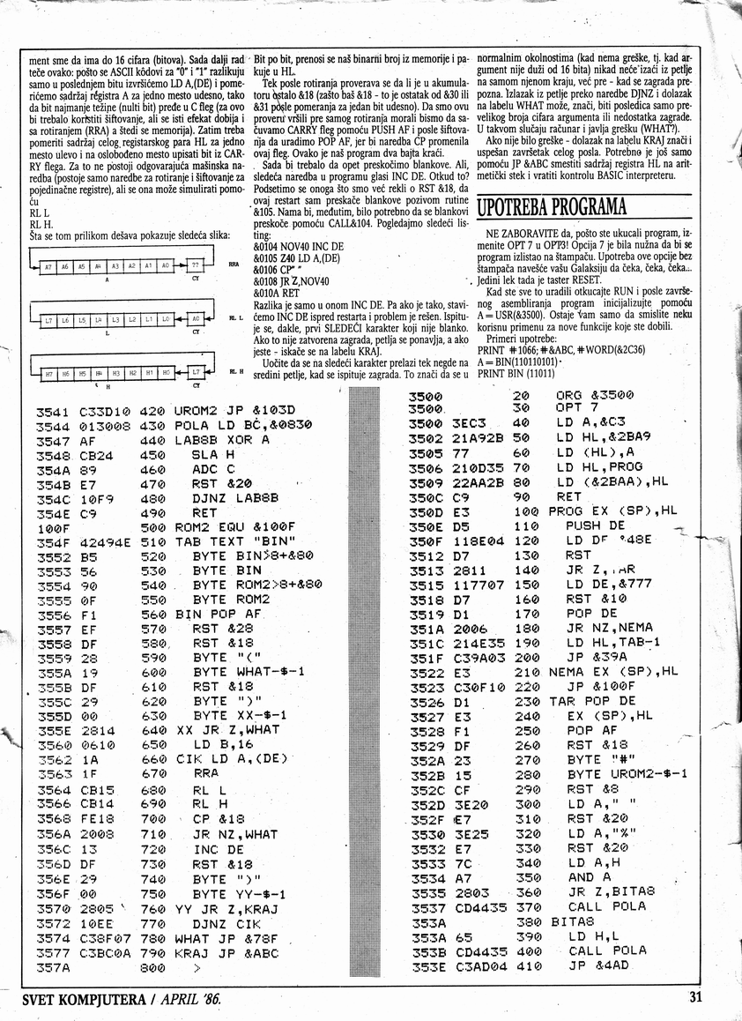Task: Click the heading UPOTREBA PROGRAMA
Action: tap(551, 208)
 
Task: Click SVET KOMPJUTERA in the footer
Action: tap(80, 999)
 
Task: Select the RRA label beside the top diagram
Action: tap(234, 264)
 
